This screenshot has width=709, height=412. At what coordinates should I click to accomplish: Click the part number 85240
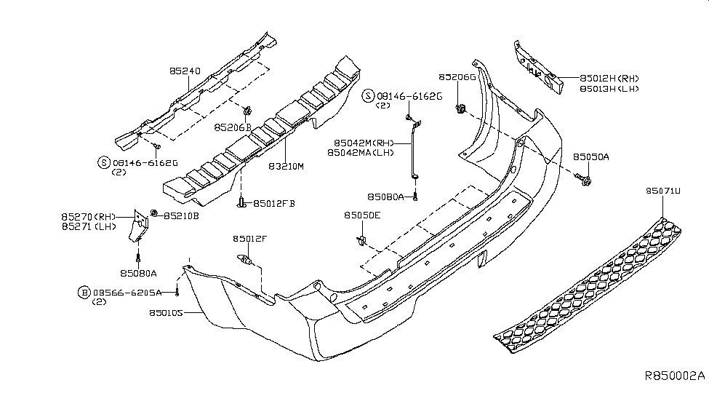pyautogui.click(x=185, y=71)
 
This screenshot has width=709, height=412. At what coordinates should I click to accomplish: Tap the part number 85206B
pyautogui.click(x=233, y=127)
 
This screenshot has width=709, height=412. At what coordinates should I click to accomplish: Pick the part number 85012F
pyautogui.click(x=250, y=238)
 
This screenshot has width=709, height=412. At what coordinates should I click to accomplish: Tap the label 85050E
pyautogui.click(x=363, y=215)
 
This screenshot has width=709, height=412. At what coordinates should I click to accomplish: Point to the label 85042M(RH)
pyautogui.click(x=361, y=143)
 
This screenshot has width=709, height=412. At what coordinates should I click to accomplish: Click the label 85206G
pyautogui.click(x=457, y=76)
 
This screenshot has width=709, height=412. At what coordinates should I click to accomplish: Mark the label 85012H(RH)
pyautogui.click(x=609, y=78)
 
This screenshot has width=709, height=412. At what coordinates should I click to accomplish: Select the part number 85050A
pyautogui.click(x=591, y=157)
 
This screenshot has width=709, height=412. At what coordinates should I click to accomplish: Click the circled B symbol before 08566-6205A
pyautogui.click(x=84, y=292)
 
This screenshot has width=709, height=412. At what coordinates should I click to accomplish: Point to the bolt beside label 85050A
pyautogui.click(x=585, y=177)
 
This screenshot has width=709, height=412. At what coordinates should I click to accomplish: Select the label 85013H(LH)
pyautogui.click(x=609, y=88)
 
